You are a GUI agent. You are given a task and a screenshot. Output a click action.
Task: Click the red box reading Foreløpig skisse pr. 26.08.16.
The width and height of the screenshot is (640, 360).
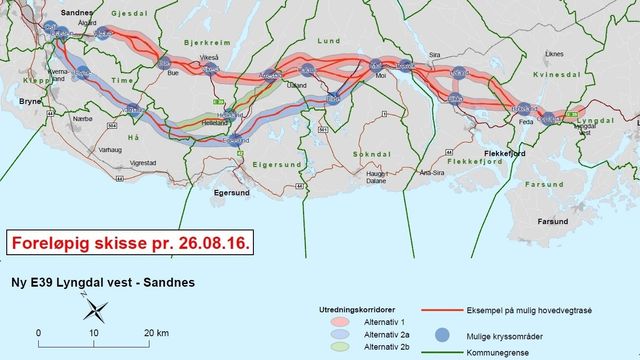(128, 242)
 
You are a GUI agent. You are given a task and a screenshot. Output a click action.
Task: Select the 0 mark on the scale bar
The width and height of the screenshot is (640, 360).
(39, 332)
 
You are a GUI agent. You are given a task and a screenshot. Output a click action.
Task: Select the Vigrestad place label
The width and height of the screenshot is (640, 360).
(143, 161)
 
